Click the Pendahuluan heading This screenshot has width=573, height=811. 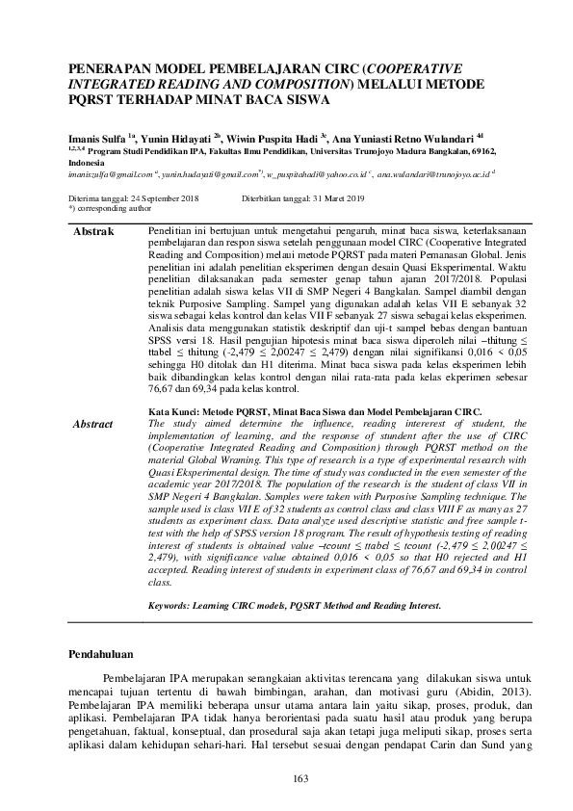(107, 654)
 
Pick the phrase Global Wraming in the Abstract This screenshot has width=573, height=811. (232, 470)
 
